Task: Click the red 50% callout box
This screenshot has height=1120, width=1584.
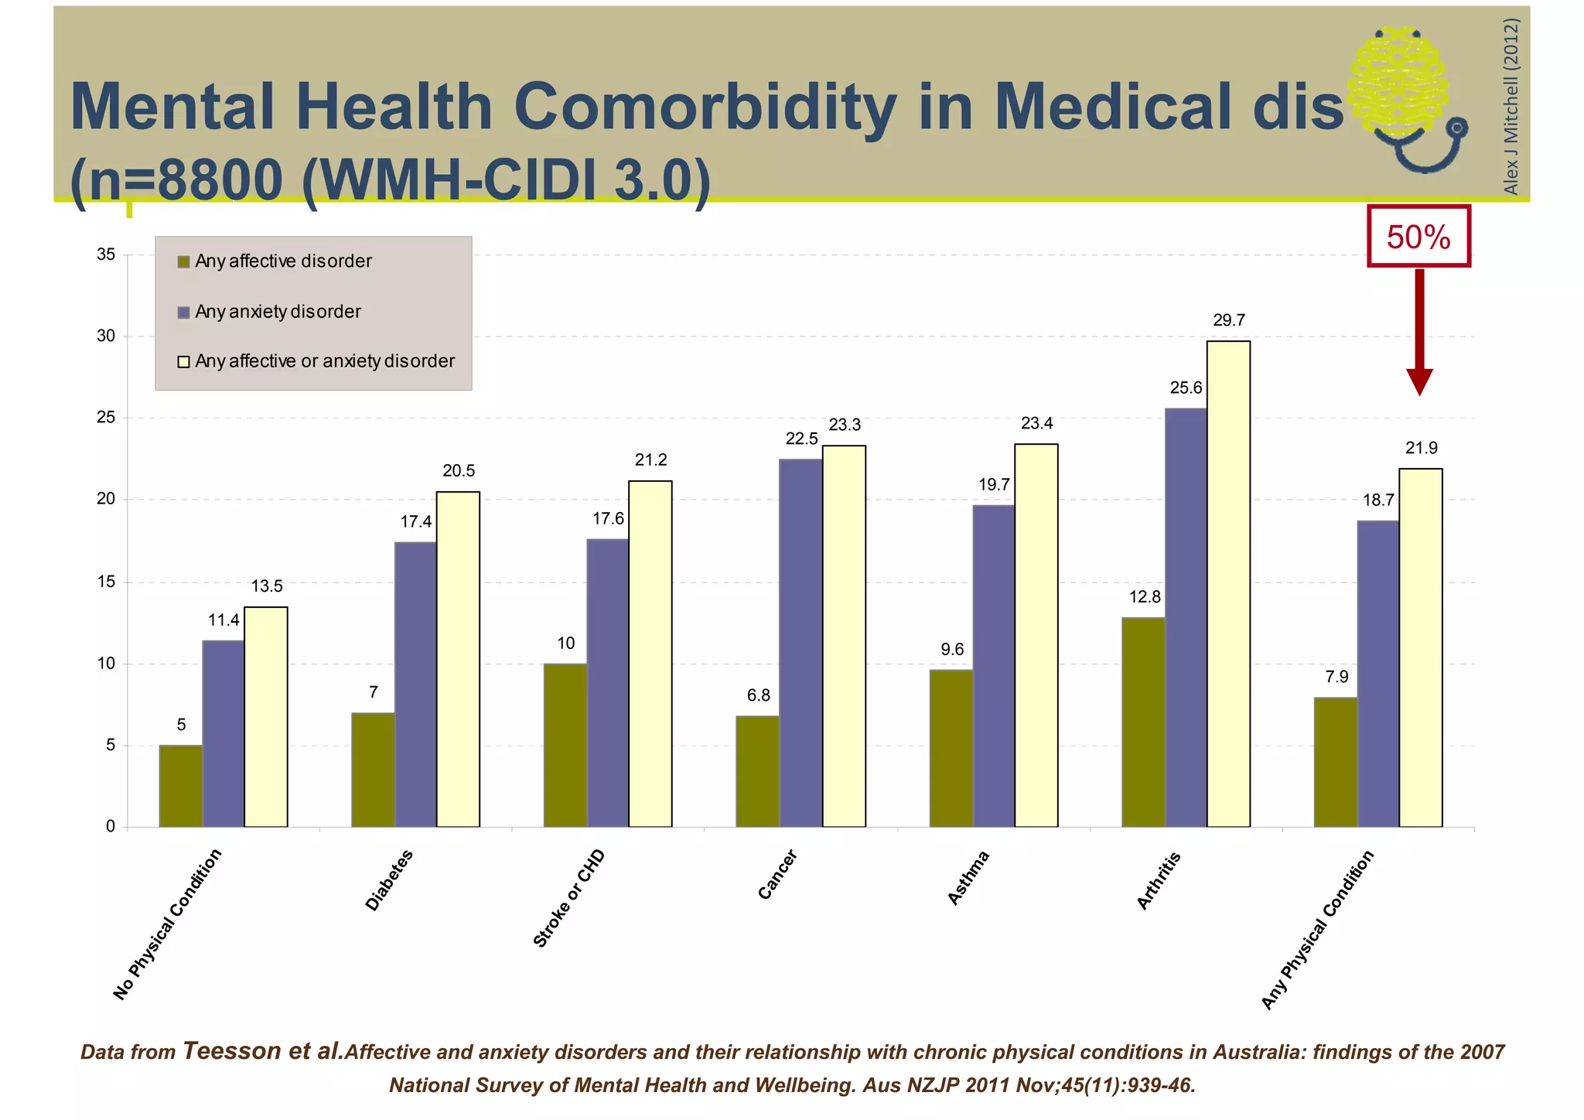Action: tap(1418, 237)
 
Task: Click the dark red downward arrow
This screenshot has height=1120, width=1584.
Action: tap(1419, 333)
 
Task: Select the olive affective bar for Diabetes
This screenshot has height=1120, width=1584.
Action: tap(373, 770)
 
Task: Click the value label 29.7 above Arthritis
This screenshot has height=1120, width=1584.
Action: tap(1228, 320)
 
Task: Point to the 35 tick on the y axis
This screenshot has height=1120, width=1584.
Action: tap(106, 254)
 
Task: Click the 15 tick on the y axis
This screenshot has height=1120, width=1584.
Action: tap(106, 582)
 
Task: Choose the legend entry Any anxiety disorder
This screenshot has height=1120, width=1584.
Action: tap(277, 312)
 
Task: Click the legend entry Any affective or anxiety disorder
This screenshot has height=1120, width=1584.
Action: tap(324, 361)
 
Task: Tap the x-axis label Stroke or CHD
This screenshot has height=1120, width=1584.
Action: tap(569, 898)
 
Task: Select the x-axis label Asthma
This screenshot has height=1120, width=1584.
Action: tap(968, 877)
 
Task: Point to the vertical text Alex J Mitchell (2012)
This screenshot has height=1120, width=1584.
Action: tap(1511, 106)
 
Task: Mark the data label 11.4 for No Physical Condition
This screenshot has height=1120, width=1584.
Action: tap(224, 620)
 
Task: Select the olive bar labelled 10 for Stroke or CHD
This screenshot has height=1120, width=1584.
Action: tap(565, 745)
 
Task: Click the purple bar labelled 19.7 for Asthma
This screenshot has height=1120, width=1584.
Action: tap(993, 666)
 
